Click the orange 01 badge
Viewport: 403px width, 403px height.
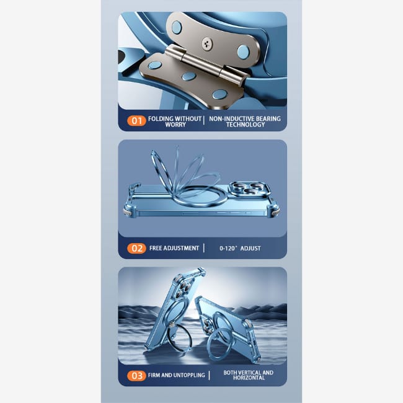pyautogui.click(x=136, y=120)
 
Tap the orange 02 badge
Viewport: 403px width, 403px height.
pyautogui.click(x=136, y=248)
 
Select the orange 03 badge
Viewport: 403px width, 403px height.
pyautogui.click(x=136, y=376)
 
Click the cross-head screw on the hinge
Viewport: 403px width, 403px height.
pyautogui.click(x=207, y=43)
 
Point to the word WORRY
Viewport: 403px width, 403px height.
pyautogui.click(x=175, y=125)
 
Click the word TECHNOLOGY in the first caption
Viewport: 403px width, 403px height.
pyautogui.click(x=245, y=125)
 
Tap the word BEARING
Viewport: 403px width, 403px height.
pyautogui.click(x=268, y=119)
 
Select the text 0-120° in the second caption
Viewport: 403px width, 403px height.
pyautogui.click(x=228, y=248)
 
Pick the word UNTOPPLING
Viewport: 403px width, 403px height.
pyautogui.click(x=190, y=375)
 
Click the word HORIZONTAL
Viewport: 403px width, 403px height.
pyautogui.click(x=249, y=378)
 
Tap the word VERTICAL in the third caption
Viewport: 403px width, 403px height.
pyautogui.click(x=248, y=373)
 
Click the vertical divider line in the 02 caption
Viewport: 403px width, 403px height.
pyautogui.click(x=204, y=248)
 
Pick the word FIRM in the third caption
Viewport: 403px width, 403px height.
pyautogui.click(x=154, y=375)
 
